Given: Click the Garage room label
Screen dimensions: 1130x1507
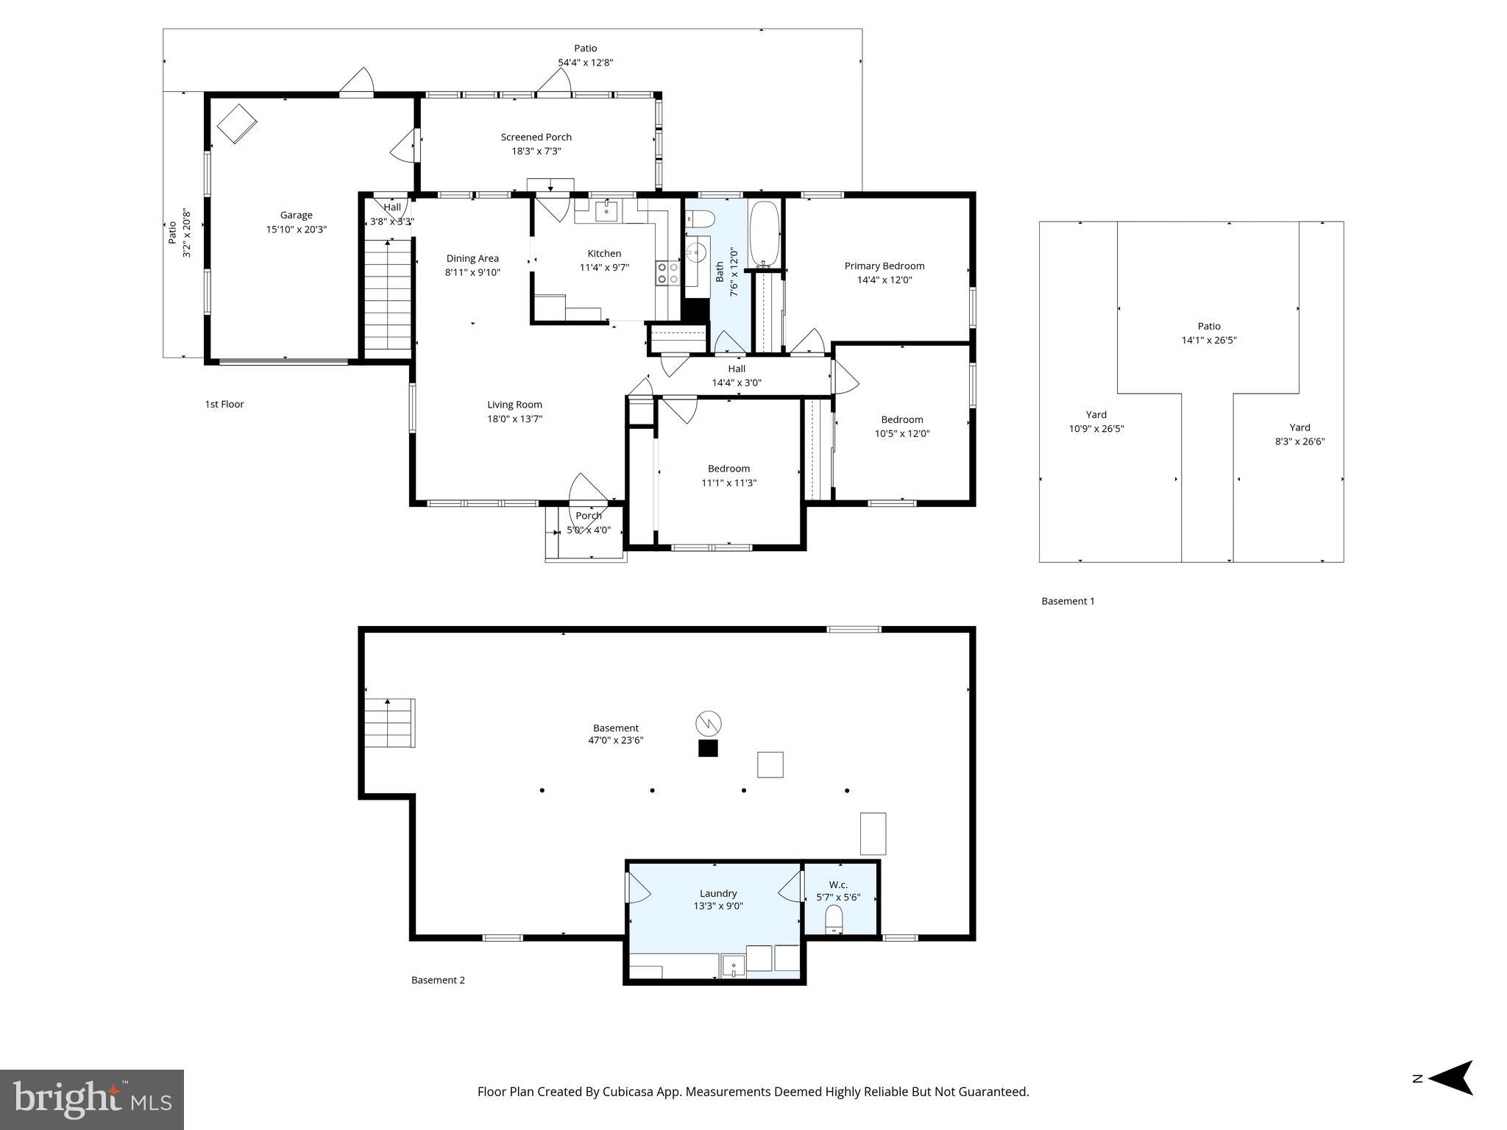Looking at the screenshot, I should click(x=296, y=215).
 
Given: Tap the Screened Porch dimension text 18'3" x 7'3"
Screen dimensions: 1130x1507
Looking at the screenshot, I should click(x=536, y=152).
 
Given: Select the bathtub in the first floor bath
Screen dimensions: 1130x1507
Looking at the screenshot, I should click(x=764, y=234).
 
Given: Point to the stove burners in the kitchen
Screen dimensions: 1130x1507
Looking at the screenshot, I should click(x=667, y=273).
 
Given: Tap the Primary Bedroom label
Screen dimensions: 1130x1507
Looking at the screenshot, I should click(x=884, y=266).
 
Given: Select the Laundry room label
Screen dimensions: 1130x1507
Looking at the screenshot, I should click(x=717, y=893).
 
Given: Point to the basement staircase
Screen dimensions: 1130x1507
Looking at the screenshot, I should click(x=389, y=722).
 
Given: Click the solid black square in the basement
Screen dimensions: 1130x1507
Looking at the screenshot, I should click(x=708, y=749).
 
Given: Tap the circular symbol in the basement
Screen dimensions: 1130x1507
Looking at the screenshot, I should click(x=708, y=724).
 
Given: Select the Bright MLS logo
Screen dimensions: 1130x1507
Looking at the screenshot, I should click(x=92, y=1099).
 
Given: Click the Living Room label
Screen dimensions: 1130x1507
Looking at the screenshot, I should click(x=514, y=405).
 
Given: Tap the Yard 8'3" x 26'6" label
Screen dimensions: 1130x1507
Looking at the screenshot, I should click(x=1299, y=435).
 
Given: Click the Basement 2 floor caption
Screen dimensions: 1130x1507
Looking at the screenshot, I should click(x=438, y=980).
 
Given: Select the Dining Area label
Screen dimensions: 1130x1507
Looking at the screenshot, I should click(x=472, y=258).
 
